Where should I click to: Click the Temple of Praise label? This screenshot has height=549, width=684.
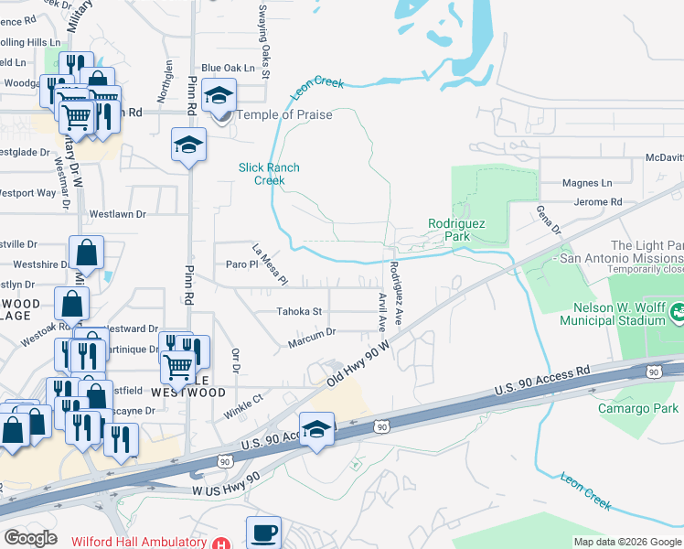284,114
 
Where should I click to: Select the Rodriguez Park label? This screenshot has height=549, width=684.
456,230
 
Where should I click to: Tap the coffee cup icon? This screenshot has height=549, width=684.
263,532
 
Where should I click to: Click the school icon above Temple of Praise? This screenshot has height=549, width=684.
219,94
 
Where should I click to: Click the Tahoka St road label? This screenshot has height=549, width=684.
300,311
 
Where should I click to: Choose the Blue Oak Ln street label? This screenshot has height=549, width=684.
228,69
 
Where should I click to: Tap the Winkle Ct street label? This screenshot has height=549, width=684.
244,406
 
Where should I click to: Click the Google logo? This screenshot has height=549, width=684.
30,538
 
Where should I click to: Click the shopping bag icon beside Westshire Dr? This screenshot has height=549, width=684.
86,253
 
